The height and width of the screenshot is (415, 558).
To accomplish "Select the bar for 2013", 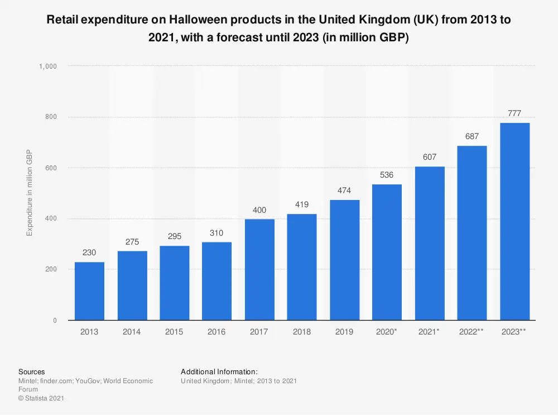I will point(89,291).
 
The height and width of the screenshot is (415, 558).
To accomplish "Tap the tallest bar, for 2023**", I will point(514,222).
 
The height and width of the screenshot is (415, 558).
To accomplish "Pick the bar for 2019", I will point(344,260).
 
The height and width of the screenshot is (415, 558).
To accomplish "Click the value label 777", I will point(514,113).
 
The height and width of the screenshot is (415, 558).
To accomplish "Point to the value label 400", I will point(259,210).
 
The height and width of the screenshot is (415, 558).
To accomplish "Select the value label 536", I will point(387,175).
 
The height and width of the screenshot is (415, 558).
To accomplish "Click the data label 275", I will point(132,242).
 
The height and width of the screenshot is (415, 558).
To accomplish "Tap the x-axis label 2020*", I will point(387,332).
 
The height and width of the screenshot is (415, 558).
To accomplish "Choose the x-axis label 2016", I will point(217,332).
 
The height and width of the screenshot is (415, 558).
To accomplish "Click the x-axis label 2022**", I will point(472,332).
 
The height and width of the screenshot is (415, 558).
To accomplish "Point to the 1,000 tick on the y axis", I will point(48,66).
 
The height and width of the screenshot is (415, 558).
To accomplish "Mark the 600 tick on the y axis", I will point(51,168).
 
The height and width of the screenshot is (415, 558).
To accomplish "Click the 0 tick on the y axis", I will point(54,321).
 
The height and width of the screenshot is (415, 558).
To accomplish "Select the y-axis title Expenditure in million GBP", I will point(30,193).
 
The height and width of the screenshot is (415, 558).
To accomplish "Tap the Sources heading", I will point(32,371).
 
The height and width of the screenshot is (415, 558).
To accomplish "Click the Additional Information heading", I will point(219,371).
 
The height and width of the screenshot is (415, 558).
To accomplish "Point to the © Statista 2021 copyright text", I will point(42,398).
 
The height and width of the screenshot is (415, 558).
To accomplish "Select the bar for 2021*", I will point(430,244).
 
